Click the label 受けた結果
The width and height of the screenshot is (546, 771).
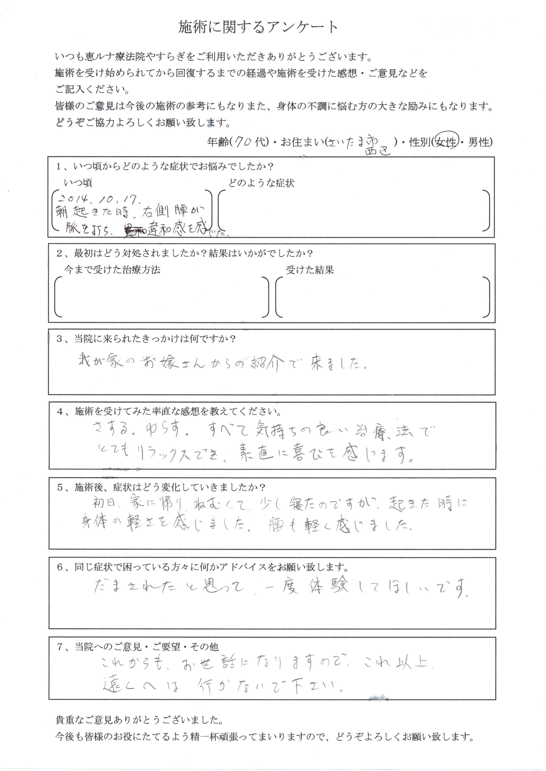click(x=310, y=270)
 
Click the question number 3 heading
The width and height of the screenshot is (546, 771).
click(x=146, y=339)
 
